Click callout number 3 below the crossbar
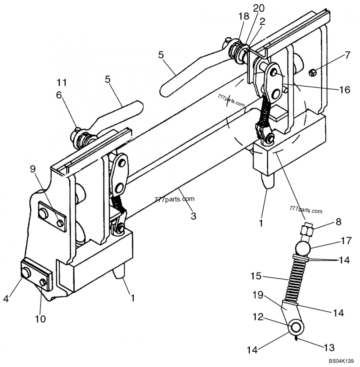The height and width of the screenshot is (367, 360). click(193, 216)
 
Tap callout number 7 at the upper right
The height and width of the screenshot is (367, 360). click(347, 55)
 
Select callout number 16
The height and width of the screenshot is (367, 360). click(344, 90)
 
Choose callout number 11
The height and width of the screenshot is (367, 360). click(61, 82)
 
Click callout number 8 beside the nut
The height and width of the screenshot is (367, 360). click(338, 222)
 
